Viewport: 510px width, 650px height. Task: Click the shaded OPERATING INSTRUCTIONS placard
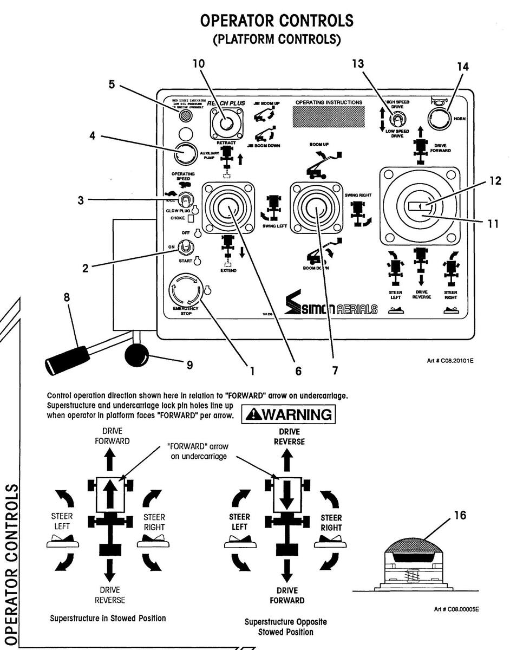click(x=329, y=115)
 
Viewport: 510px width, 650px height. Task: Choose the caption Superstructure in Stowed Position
click(x=108, y=618)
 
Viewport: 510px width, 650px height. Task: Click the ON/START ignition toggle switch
click(x=186, y=246)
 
